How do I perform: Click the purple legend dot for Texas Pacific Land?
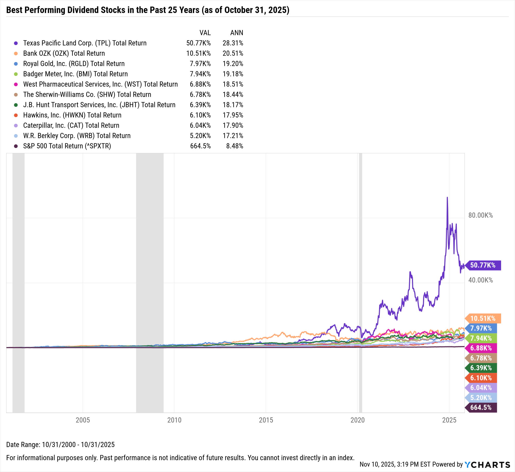[16, 43]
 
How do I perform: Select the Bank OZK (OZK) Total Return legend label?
[64, 54]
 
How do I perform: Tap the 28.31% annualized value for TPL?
[233, 43]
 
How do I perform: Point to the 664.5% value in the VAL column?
[200, 146]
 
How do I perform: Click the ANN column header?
[237, 33]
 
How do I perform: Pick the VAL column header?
[205, 33]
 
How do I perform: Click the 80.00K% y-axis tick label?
[480, 215]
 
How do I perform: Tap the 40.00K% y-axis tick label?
[480, 280]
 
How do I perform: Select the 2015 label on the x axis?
[266, 420]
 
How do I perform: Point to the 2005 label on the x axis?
[83, 420]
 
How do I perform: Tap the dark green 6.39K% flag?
[481, 368]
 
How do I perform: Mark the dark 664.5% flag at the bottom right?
[481, 408]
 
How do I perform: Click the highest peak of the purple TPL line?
[447, 198]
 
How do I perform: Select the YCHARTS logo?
[487, 465]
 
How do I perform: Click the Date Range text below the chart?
[60, 445]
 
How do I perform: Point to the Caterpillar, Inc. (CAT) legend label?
[71, 126]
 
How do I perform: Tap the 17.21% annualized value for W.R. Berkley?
[233, 136]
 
